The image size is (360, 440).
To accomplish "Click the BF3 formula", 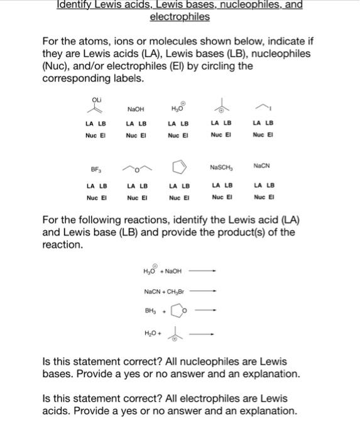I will [x=95, y=169].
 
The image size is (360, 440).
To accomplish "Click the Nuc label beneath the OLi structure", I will [x=90, y=135].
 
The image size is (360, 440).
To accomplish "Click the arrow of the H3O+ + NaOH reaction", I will [x=202, y=272].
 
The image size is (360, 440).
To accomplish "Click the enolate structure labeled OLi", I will [x=96, y=106].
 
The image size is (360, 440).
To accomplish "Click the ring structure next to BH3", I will [x=178, y=311].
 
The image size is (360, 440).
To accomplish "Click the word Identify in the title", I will [x=74, y=5].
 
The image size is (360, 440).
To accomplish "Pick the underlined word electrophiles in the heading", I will [x=180, y=17].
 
